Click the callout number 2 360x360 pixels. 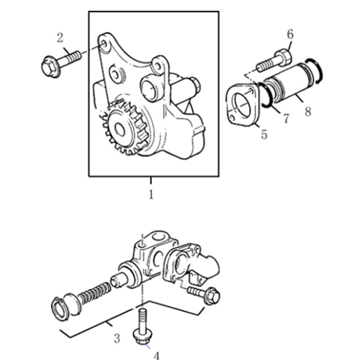point(60,38)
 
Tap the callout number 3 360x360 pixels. point(117,338)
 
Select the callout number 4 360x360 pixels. point(157,355)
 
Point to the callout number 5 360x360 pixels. point(263,136)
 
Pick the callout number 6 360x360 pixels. point(290,35)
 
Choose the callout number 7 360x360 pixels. point(286,118)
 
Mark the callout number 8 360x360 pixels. point(308,110)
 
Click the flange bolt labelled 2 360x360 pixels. point(60,62)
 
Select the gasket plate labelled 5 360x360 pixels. point(243,107)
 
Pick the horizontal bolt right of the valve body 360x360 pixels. point(203,293)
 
